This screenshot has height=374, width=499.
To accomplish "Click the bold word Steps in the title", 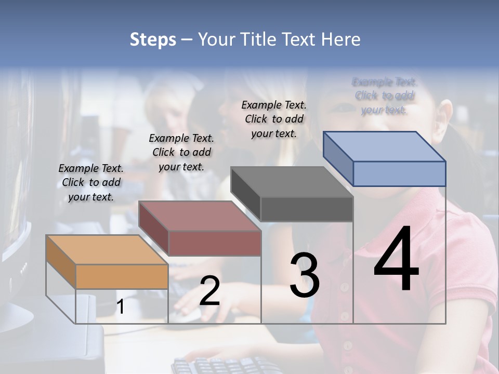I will pyautogui.click(x=153, y=39).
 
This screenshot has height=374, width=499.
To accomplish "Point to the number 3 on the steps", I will pyautogui.click(x=304, y=275).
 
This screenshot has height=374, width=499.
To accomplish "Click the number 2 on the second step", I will pyautogui.click(x=209, y=291).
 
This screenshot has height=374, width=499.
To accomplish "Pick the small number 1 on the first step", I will pyautogui.click(x=121, y=307).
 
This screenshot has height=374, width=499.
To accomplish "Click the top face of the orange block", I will pyautogui.click(x=107, y=250).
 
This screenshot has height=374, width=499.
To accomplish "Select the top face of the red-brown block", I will pyautogui.click(x=199, y=216).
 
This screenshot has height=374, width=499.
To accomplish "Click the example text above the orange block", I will pyautogui.click(x=91, y=182).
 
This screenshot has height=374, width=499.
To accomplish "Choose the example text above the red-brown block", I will pyautogui.click(x=181, y=152).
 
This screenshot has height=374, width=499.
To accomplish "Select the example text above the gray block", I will pyautogui.click(x=274, y=119).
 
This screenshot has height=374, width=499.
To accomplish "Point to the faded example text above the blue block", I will pyautogui.click(x=385, y=96).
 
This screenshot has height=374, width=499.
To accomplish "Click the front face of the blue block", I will pyautogui.click(x=399, y=173).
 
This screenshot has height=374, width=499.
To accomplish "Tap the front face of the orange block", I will pyautogui.click(x=122, y=276).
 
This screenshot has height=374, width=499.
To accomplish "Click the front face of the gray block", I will pyautogui.click(x=307, y=209).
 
